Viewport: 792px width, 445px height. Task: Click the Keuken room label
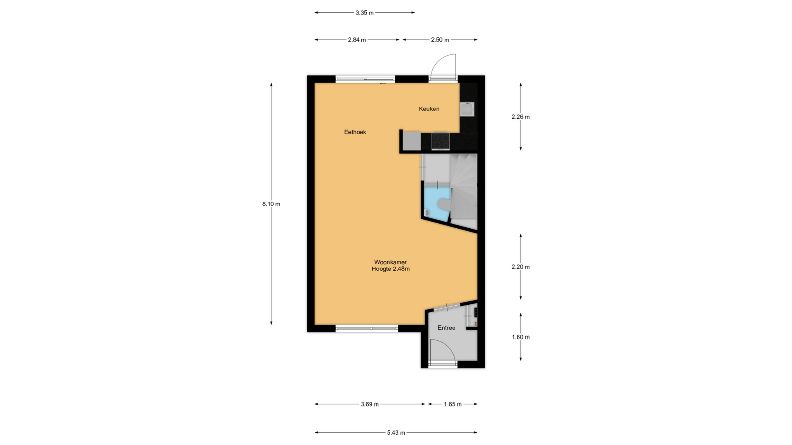click(429, 109)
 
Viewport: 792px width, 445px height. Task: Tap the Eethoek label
click(355, 132)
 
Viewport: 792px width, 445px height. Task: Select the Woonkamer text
click(390, 262)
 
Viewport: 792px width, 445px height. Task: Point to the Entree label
click(446, 328)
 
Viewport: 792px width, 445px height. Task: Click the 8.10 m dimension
click(271, 204)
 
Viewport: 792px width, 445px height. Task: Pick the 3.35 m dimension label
click(365, 13)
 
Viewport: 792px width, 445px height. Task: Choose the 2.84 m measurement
click(357, 40)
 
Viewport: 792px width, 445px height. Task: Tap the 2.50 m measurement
click(440, 40)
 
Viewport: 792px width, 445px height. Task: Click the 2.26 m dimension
click(521, 117)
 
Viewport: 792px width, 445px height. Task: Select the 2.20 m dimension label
click(521, 267)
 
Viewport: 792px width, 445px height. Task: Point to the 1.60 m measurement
click(521, 337)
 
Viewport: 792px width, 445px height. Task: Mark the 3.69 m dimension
click(370, 404)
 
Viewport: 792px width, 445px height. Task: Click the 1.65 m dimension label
click(453, 404)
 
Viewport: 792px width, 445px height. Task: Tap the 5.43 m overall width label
click(396, 433)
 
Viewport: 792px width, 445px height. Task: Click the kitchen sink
click(467, 109)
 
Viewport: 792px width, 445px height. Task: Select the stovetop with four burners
click(441, 141)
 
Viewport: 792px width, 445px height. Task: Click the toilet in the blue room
click(443, 204)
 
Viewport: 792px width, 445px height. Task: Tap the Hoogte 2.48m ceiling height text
click(390, 269)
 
